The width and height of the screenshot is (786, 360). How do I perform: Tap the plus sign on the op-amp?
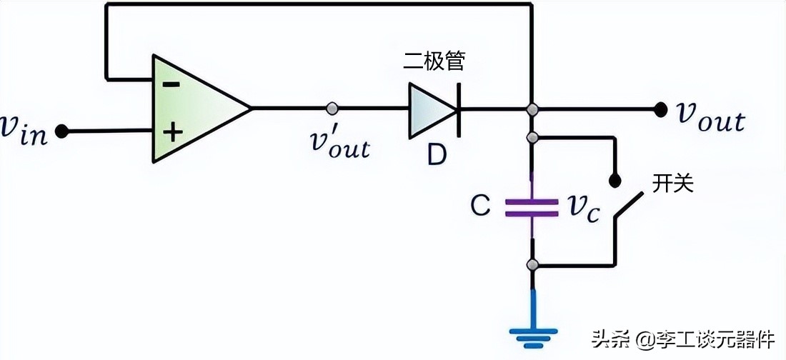tap(171, 132)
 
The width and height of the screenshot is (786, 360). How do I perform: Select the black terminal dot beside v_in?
tap(62, 131)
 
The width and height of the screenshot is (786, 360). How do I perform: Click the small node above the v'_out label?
tap(332, 109)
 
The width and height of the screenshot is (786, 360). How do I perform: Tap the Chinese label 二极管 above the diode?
tap(434, 62)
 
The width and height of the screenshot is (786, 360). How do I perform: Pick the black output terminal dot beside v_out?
tap(660, 109)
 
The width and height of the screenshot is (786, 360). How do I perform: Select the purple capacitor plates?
tap(531, 207)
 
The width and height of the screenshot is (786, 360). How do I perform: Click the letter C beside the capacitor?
tap(480, 207)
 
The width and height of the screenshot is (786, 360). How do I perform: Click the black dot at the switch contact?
tap(614, 179)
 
